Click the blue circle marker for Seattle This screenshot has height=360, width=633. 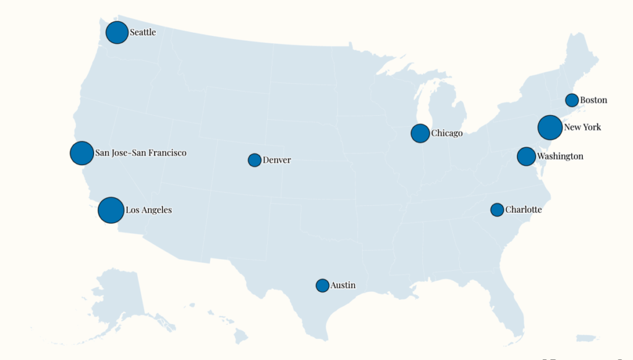pos(117,32)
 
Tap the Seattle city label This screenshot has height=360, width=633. pos(143,32)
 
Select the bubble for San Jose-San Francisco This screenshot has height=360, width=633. pos(82,153)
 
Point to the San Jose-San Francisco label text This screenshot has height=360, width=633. pos(140,152)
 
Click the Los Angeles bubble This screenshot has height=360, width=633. pos(111,210)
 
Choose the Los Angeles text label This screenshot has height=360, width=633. pos(148,210)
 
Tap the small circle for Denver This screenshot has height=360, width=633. pos(254,160)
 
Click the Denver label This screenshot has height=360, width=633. pos(276,160)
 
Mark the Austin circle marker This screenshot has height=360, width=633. pos(322,285)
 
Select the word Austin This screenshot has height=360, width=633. pos(343,285)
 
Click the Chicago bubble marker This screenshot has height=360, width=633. pos(420,133)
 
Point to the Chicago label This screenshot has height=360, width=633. pos(446,133)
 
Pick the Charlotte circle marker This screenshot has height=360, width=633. pos(497,210)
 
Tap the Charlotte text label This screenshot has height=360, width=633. pos(523,210)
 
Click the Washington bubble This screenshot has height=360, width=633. pos(526,156)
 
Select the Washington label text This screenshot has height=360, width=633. pos(559,156)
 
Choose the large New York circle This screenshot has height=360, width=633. pos(550,127)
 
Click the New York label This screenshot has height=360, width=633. pos(582,127)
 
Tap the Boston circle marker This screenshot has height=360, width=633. pos(572,100)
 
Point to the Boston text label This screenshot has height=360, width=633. pos(593,100)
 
